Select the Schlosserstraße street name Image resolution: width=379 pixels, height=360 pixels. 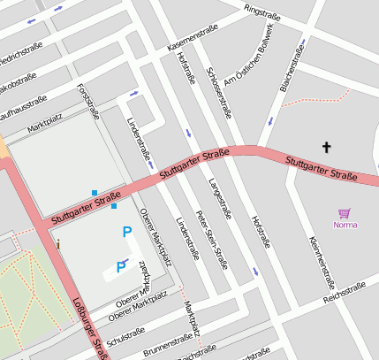click(218, 93)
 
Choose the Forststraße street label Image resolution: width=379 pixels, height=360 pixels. click(88, 103)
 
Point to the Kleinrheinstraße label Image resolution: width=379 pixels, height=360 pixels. click(322, 263)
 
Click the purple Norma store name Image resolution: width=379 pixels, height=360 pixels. click(345, 224)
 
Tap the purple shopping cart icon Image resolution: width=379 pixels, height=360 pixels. click(345, 212)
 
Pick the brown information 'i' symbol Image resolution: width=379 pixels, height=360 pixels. click(58, 243)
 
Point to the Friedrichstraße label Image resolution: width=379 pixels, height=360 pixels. click(19, 65)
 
